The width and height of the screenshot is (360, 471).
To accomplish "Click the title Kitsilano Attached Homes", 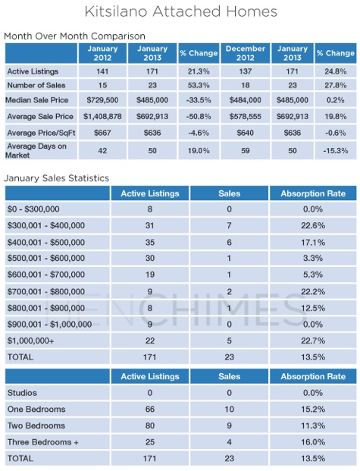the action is tap(180, 11).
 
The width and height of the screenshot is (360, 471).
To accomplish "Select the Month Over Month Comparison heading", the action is tap(74, 36).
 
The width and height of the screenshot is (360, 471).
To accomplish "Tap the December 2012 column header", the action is tap(246, 53).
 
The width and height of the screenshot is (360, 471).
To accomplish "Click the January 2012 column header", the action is tap(102, 53).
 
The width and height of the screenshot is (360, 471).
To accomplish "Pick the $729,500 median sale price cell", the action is tap(102, 100).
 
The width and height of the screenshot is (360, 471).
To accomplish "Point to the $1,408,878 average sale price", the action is tap(102, 117).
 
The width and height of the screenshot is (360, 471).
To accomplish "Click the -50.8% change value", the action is tap(199, 117).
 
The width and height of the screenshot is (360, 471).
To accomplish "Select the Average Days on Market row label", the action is tap(36, 150).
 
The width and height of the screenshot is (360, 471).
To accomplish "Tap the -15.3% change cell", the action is tap(336, 150).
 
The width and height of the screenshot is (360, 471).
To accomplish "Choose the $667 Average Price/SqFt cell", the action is tap(102, 133).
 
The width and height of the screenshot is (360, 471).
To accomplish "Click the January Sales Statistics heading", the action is tap(56, 178).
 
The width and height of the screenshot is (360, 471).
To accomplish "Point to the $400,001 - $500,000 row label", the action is tap(46, 242).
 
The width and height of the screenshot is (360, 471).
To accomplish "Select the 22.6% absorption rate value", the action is tap(313, 225).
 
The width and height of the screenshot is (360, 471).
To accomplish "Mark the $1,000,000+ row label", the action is tap(30, 341).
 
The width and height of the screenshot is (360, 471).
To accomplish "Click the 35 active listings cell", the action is tap(150, 242).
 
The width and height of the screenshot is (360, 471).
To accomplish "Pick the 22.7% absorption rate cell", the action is tap(313, 341).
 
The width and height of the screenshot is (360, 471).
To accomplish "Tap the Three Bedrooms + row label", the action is tap(43, 442).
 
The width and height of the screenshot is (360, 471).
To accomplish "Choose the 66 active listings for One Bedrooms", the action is tap(150, 409).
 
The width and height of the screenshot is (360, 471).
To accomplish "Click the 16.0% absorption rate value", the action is tap(313, 442).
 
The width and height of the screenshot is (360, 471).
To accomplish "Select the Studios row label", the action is tap(22, 393).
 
